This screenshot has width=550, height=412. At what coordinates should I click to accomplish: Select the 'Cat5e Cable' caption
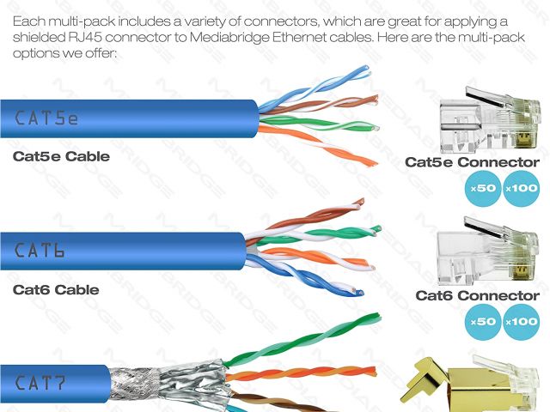[x=61, y=157]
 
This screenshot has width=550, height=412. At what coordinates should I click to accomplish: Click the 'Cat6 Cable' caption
[x=56, y=290]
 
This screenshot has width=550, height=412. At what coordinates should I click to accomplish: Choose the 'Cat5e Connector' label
[x=472, y=162]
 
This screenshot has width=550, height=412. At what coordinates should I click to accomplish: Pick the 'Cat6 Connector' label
[x=477, y=296]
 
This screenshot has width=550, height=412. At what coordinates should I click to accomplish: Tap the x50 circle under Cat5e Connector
[x=481, y=188]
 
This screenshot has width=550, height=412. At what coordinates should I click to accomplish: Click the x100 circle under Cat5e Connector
[x=521, y=188]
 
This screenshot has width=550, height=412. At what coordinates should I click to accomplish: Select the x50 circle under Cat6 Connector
[x=481, y=322]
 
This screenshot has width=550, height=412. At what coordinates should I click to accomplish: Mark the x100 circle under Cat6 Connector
[x=521, y=322]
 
